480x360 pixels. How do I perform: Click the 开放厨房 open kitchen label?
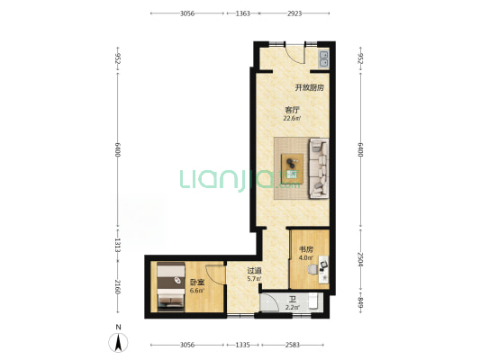309,88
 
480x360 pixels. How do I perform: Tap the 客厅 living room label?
292,110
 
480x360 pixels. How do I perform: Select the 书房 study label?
306,249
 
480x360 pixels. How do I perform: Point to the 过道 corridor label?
254,271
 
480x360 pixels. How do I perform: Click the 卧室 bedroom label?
197,283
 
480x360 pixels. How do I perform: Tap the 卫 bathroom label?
293,300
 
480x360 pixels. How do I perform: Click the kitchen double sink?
324,59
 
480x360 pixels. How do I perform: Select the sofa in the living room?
319,168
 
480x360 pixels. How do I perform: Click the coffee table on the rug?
293,168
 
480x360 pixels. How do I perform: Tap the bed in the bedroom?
171,286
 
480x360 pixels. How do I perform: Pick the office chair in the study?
312,269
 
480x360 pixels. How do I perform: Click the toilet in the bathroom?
312,301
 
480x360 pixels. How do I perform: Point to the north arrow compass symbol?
118,343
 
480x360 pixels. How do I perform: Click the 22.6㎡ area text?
292,119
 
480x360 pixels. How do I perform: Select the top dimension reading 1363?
243,13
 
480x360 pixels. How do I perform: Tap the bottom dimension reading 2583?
293,345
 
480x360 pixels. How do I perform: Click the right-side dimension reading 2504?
360,259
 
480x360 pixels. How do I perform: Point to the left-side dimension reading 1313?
118,246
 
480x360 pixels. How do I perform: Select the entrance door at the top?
294,54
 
